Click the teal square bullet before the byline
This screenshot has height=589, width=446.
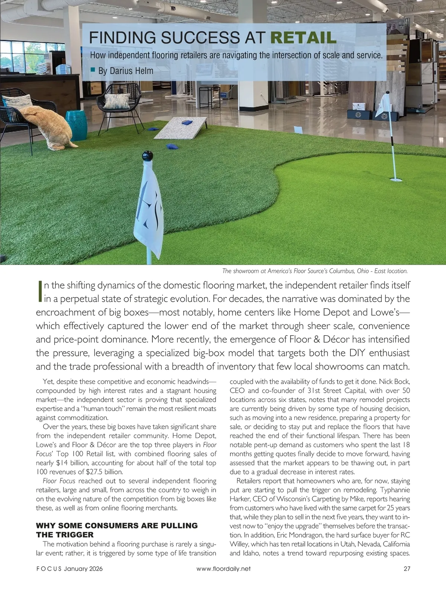(93, 69)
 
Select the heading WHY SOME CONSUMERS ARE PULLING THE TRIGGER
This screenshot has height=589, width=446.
(117, 530)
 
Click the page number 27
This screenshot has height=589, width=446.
(406, 569)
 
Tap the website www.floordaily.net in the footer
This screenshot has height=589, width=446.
(223, 569)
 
